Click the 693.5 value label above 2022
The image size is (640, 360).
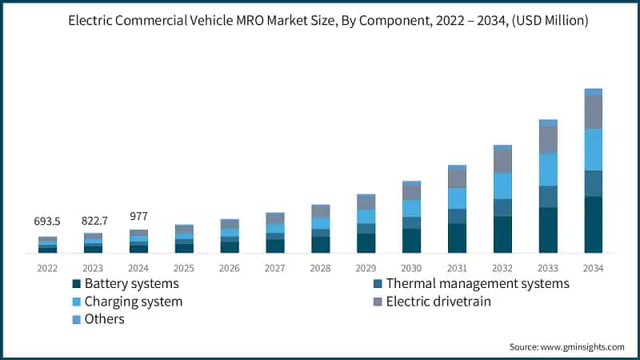click(47, 221)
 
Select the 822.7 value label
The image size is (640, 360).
click(93, 221)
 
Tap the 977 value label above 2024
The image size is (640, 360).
click(138, 216)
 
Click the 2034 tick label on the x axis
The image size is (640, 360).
click(593, 268)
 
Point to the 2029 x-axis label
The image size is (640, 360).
click(366, 268)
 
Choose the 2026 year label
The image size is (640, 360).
click(230, 268)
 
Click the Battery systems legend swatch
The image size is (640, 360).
click(76, 284)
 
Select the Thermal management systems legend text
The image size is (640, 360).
click(477, 284)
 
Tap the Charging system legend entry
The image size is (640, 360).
click(133, 302)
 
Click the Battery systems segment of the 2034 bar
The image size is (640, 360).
click(593, 225)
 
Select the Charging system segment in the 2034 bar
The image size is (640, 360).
click(593, 150)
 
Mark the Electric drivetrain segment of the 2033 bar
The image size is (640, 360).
click(547, 139)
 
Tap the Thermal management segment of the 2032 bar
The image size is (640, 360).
click(502, 207)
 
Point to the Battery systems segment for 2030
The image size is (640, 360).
click(411, 241)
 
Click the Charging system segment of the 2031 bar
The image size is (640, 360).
click(456, 198)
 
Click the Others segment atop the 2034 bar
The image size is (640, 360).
click(593, 92)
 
